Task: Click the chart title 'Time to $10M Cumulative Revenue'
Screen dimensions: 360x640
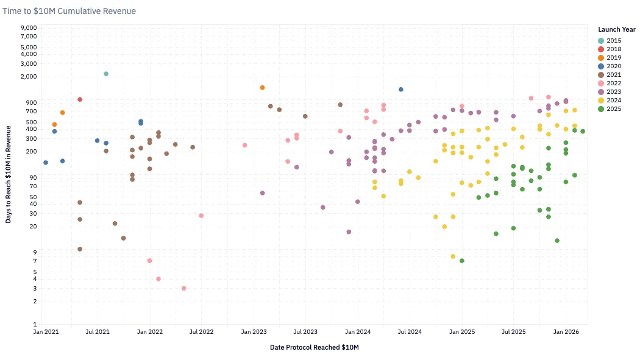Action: pyautogui.click(x=69, y=11)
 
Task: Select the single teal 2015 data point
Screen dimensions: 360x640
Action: pyautogui.click(x=106, y=74)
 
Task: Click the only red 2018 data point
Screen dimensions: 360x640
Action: pyautogui.click(x=80, y=99)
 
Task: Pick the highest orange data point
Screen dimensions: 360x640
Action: pyautogui.click(x=263, y=88)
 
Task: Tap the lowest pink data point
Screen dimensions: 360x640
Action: pyautogui.click(x=184, y=288)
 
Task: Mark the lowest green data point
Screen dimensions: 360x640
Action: pyautogui.click(x=462, y=261)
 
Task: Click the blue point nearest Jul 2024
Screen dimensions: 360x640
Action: pyautogui.click(x=401, y=90)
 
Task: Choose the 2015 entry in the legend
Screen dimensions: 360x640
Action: pyautogui.click(x=610, y=40)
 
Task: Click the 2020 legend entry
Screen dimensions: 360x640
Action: pyautogui.click(x=610, y=66)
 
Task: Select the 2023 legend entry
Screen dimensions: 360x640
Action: pyautogui.click(x=610, y=92)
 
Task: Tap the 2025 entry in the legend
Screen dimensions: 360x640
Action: pyautogui.click(x=610, y=109)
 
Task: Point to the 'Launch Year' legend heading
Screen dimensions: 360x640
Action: pyautogui.click(x=617, y=29)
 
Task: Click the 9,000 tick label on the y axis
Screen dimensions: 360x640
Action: pyautogui.click(x=29, y=28)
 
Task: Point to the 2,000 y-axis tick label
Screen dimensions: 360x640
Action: pyautogui.click(x=29, y=77)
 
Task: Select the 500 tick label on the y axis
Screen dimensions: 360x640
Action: pyautogui.click(x=31, y=122)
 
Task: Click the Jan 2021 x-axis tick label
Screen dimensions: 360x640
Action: pyautogui.click(x=46, y=332)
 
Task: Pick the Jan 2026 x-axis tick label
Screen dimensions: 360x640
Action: pyautogui.click(x=566, y=332)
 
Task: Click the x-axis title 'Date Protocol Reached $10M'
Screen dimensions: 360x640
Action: pyautogui.click(x=315, y=348)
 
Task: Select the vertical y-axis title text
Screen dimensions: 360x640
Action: pyautogui.click(x=9, y=174)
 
